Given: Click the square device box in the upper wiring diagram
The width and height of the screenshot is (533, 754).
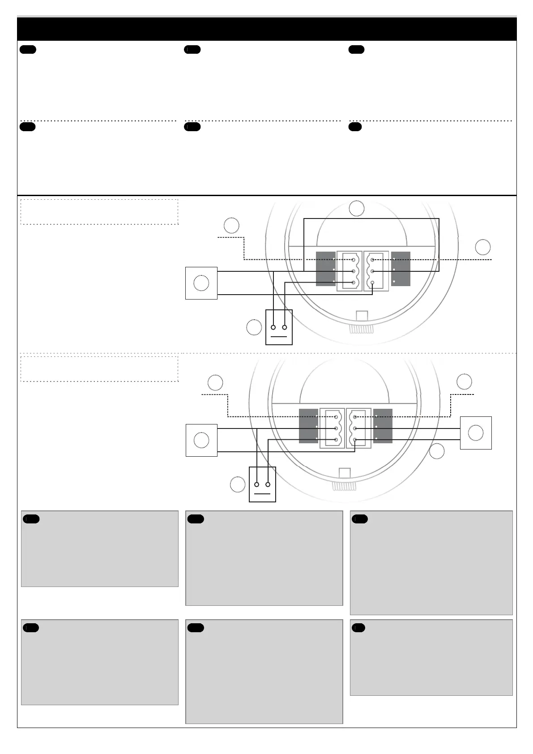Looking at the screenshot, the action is pos(201,283).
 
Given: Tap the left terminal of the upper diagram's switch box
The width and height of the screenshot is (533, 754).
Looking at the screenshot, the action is pos(273,327).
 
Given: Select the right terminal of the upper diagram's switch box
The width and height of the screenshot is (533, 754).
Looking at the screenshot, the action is pos(285,327).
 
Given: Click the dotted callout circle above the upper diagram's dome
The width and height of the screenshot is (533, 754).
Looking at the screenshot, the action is pos(357,209).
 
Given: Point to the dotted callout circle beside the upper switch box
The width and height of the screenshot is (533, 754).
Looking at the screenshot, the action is pos(254,327).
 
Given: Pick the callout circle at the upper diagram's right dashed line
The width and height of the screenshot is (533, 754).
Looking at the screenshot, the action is pos(482,247).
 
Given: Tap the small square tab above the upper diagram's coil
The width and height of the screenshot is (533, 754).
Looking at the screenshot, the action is pos(362,316).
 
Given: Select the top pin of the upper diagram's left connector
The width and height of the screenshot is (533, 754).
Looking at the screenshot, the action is pos(354,260).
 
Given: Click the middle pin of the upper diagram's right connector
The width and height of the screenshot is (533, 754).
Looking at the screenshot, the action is pos(372,271).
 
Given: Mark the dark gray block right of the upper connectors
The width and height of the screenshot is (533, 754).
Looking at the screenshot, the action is pos(401,269).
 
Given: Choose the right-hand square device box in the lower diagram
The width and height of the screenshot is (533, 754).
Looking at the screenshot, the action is pos(476,433).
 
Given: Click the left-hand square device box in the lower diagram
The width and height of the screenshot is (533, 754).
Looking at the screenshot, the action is pos(201,440).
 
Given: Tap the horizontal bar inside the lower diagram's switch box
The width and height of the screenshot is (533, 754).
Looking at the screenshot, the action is pos(262,494).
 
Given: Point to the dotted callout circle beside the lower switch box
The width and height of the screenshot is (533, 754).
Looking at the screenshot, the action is pos(238,484).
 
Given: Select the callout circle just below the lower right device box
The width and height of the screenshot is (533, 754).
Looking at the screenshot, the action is pos(437,451).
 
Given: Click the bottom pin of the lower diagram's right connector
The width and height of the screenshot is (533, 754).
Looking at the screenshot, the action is pos(355,440).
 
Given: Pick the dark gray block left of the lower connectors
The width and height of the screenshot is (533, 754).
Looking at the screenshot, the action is pos(308,426).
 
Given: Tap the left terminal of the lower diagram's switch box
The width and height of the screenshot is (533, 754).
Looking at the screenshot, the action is pos(257,484).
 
